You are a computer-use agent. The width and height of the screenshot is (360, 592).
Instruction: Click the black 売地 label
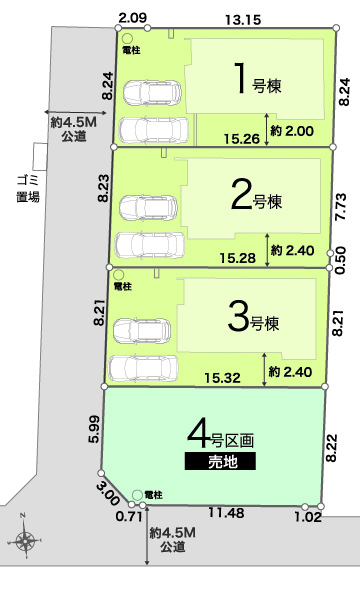point(220,461)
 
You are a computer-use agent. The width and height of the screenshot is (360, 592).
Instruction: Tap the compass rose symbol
point(25,541)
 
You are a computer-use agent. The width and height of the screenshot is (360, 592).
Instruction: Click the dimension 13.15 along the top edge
point(243,20)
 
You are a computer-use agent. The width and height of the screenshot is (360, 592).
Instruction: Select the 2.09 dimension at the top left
point(132,17)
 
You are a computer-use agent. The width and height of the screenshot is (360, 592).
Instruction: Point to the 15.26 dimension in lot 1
point(242,139)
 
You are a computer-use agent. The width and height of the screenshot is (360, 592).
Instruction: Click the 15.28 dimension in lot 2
point(238,258)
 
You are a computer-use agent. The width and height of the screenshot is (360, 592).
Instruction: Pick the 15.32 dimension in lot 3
point(223,378)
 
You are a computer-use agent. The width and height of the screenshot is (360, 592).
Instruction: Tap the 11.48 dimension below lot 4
point(226,512)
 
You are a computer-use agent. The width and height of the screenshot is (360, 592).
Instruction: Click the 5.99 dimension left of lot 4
point(94,429)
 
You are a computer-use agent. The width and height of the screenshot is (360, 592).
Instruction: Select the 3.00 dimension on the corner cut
point(108,494)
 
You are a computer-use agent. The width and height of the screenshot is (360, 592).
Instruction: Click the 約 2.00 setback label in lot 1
point(292,131)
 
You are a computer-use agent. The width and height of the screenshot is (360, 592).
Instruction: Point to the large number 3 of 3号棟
point(238,316)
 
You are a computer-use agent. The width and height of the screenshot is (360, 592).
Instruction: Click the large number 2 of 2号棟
point(242,194)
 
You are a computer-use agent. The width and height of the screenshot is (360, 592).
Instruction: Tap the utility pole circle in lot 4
point(137,495)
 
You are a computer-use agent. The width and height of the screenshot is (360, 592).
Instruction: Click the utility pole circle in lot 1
point(128,39)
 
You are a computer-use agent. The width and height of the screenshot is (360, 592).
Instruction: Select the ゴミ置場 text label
point(28,188)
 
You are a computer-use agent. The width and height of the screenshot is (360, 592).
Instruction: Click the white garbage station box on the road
point(40,156)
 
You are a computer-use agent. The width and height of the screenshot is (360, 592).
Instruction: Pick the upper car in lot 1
point(152,93)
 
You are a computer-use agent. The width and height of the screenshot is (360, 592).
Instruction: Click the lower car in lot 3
point(143,368)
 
